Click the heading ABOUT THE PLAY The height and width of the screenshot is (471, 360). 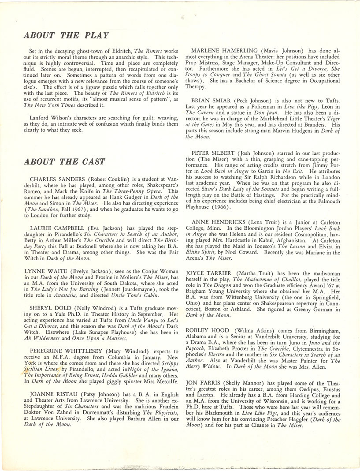point(66,35)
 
